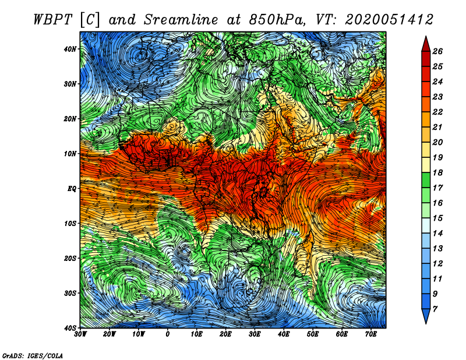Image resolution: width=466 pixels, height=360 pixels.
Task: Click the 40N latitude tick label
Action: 70,49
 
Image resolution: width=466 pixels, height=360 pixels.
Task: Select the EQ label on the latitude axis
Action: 72,189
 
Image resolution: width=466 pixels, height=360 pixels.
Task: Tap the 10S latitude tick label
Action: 70,223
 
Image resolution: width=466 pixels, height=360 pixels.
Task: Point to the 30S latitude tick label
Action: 70,293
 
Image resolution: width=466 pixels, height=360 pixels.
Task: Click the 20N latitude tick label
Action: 70,119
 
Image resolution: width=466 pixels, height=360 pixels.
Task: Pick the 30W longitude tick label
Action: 80,334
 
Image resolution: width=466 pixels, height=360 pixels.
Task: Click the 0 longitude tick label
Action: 168,334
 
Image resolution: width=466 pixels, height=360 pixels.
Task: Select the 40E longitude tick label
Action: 284,334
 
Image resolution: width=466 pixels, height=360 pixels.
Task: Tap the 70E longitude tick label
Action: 371,334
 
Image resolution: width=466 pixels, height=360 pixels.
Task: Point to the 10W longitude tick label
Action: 139,334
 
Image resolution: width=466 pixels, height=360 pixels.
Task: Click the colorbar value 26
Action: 437,51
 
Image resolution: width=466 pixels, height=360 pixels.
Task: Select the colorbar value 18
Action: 437,172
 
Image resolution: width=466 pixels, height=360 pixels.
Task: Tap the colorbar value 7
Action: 435,309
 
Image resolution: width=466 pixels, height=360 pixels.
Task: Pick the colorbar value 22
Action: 437,112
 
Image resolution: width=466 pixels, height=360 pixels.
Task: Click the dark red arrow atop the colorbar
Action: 426,44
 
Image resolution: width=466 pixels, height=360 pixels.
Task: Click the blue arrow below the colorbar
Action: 426,316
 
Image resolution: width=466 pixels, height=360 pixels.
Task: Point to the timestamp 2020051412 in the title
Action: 389,20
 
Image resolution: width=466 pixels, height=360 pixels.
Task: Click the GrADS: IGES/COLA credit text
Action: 33,355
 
